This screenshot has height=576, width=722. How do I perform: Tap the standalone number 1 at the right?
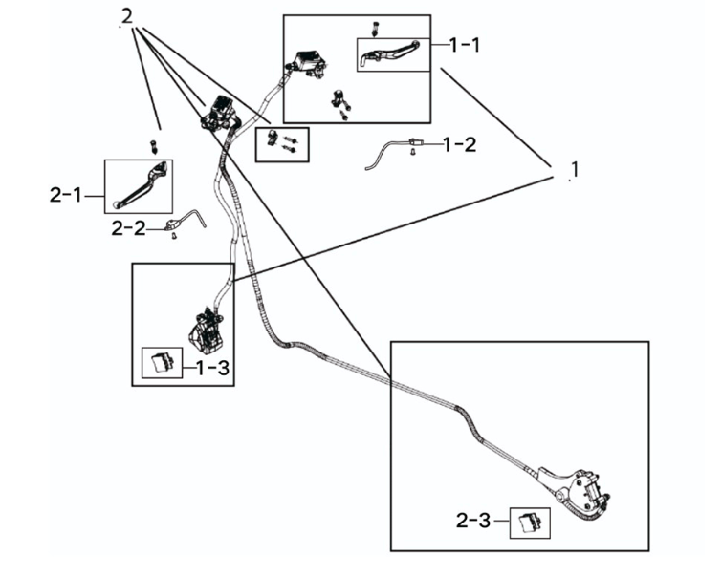click(x=573, y=170)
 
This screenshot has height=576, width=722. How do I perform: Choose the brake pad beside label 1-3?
click(x=161, y=363)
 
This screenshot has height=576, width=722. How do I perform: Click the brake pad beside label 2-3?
click(x=530, y=522)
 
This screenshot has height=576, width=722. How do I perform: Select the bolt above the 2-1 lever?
click(x=152, y=146)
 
